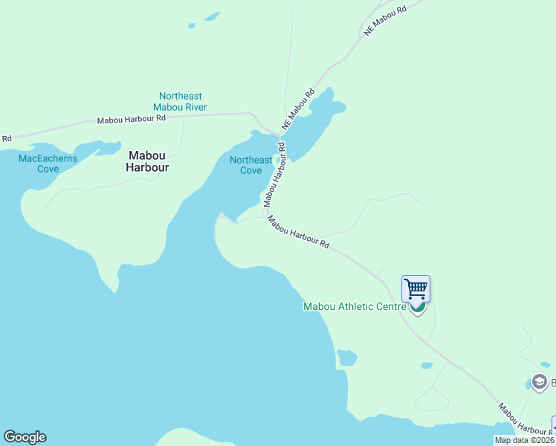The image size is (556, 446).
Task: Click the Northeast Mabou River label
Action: pyautogui.click(x=180, y=102)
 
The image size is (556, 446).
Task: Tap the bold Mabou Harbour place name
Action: pyautogui.click(x=149, y=161)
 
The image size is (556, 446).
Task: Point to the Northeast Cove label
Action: pyautogui.click(x=250, y=165)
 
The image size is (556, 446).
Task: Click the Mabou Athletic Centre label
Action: pyautogui.click(x=355, y=306)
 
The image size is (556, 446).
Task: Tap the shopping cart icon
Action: pyautogui.click(x=416, y=288)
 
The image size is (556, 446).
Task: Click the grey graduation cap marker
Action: pyautogui.click(x=540, y=383)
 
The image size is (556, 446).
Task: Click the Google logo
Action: pyautogui.click(x=25, y=437)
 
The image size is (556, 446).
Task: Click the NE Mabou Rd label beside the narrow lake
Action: pyautogui.click(x=297, y=110)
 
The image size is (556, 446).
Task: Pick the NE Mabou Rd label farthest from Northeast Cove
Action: pyautogui.click(x=386, y=20)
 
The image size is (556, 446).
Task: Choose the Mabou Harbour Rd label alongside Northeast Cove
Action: pyautogui.click(x=274, y=173)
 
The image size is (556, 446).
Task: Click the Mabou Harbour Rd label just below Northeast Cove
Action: pyautogui.click(x=298, y=232)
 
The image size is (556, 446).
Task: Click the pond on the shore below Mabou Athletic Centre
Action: pyautogui.click(x=346, y=358)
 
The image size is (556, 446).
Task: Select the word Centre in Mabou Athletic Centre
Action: pyautogui.click(x=391, y=306)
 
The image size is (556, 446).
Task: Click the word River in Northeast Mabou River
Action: pyautogui.click(x=194, y=107)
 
